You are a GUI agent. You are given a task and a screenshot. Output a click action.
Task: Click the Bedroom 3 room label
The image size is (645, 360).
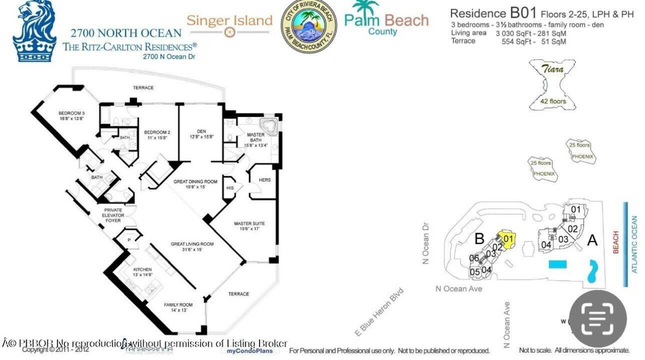[71, 115]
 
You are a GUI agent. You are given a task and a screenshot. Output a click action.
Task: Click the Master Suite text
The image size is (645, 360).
[249, 226]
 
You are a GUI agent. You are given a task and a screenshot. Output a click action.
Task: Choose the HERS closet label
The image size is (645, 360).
[265, 179]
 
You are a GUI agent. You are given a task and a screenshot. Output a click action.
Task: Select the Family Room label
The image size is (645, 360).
[178, 307]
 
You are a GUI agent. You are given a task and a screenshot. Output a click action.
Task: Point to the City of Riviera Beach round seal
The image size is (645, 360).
[309, 26]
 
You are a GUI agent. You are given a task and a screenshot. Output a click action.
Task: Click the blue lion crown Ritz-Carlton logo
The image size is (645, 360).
[35, 31]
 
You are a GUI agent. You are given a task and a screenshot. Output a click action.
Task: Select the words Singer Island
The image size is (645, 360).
[229, 21]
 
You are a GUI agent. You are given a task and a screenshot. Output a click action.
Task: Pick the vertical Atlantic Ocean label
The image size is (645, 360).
[634, 245]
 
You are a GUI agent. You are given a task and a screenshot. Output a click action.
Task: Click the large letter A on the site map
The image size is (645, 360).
[592, 240]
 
